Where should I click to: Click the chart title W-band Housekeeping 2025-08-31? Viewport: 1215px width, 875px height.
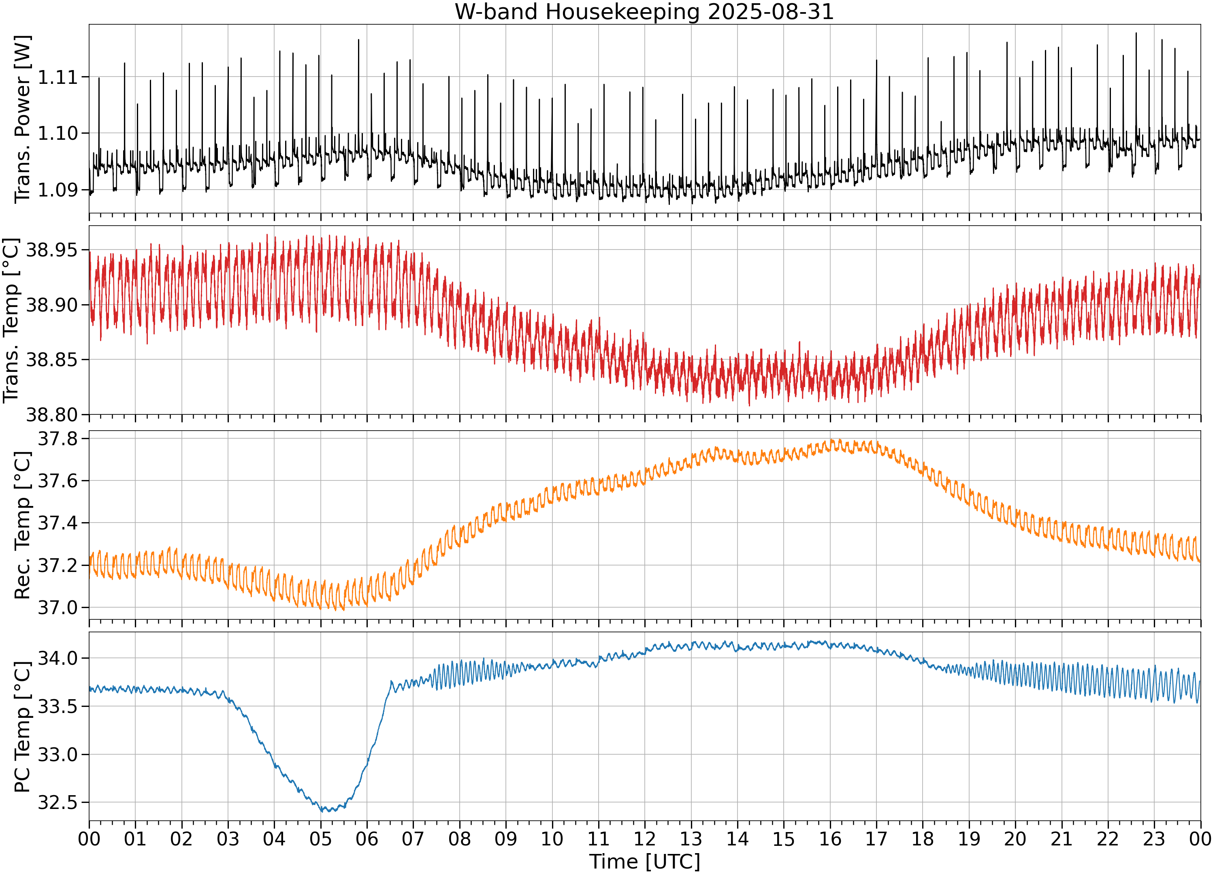point(644,12)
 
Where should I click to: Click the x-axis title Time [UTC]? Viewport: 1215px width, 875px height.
point(644,862)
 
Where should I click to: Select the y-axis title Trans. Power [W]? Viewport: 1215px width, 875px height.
point(23,119)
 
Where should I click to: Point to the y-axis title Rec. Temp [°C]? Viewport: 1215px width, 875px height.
point(23,525)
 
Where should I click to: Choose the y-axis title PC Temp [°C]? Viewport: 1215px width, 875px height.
point(23,727)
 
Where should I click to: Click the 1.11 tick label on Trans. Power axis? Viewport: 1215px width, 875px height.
point(58,77)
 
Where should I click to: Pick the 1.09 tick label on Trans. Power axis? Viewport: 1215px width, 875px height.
point(58,190)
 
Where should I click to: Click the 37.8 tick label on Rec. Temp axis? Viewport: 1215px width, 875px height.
point(58,439)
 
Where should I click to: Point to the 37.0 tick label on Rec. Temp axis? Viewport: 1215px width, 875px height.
point(58,608)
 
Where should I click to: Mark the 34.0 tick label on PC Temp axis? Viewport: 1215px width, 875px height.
point(58,658)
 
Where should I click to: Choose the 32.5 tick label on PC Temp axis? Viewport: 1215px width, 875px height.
point(58,802)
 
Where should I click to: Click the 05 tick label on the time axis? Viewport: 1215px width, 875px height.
point(320,839)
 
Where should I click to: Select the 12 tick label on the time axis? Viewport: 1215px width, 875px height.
point(644,839)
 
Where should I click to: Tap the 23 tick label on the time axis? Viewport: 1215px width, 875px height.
point(1154,839)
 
